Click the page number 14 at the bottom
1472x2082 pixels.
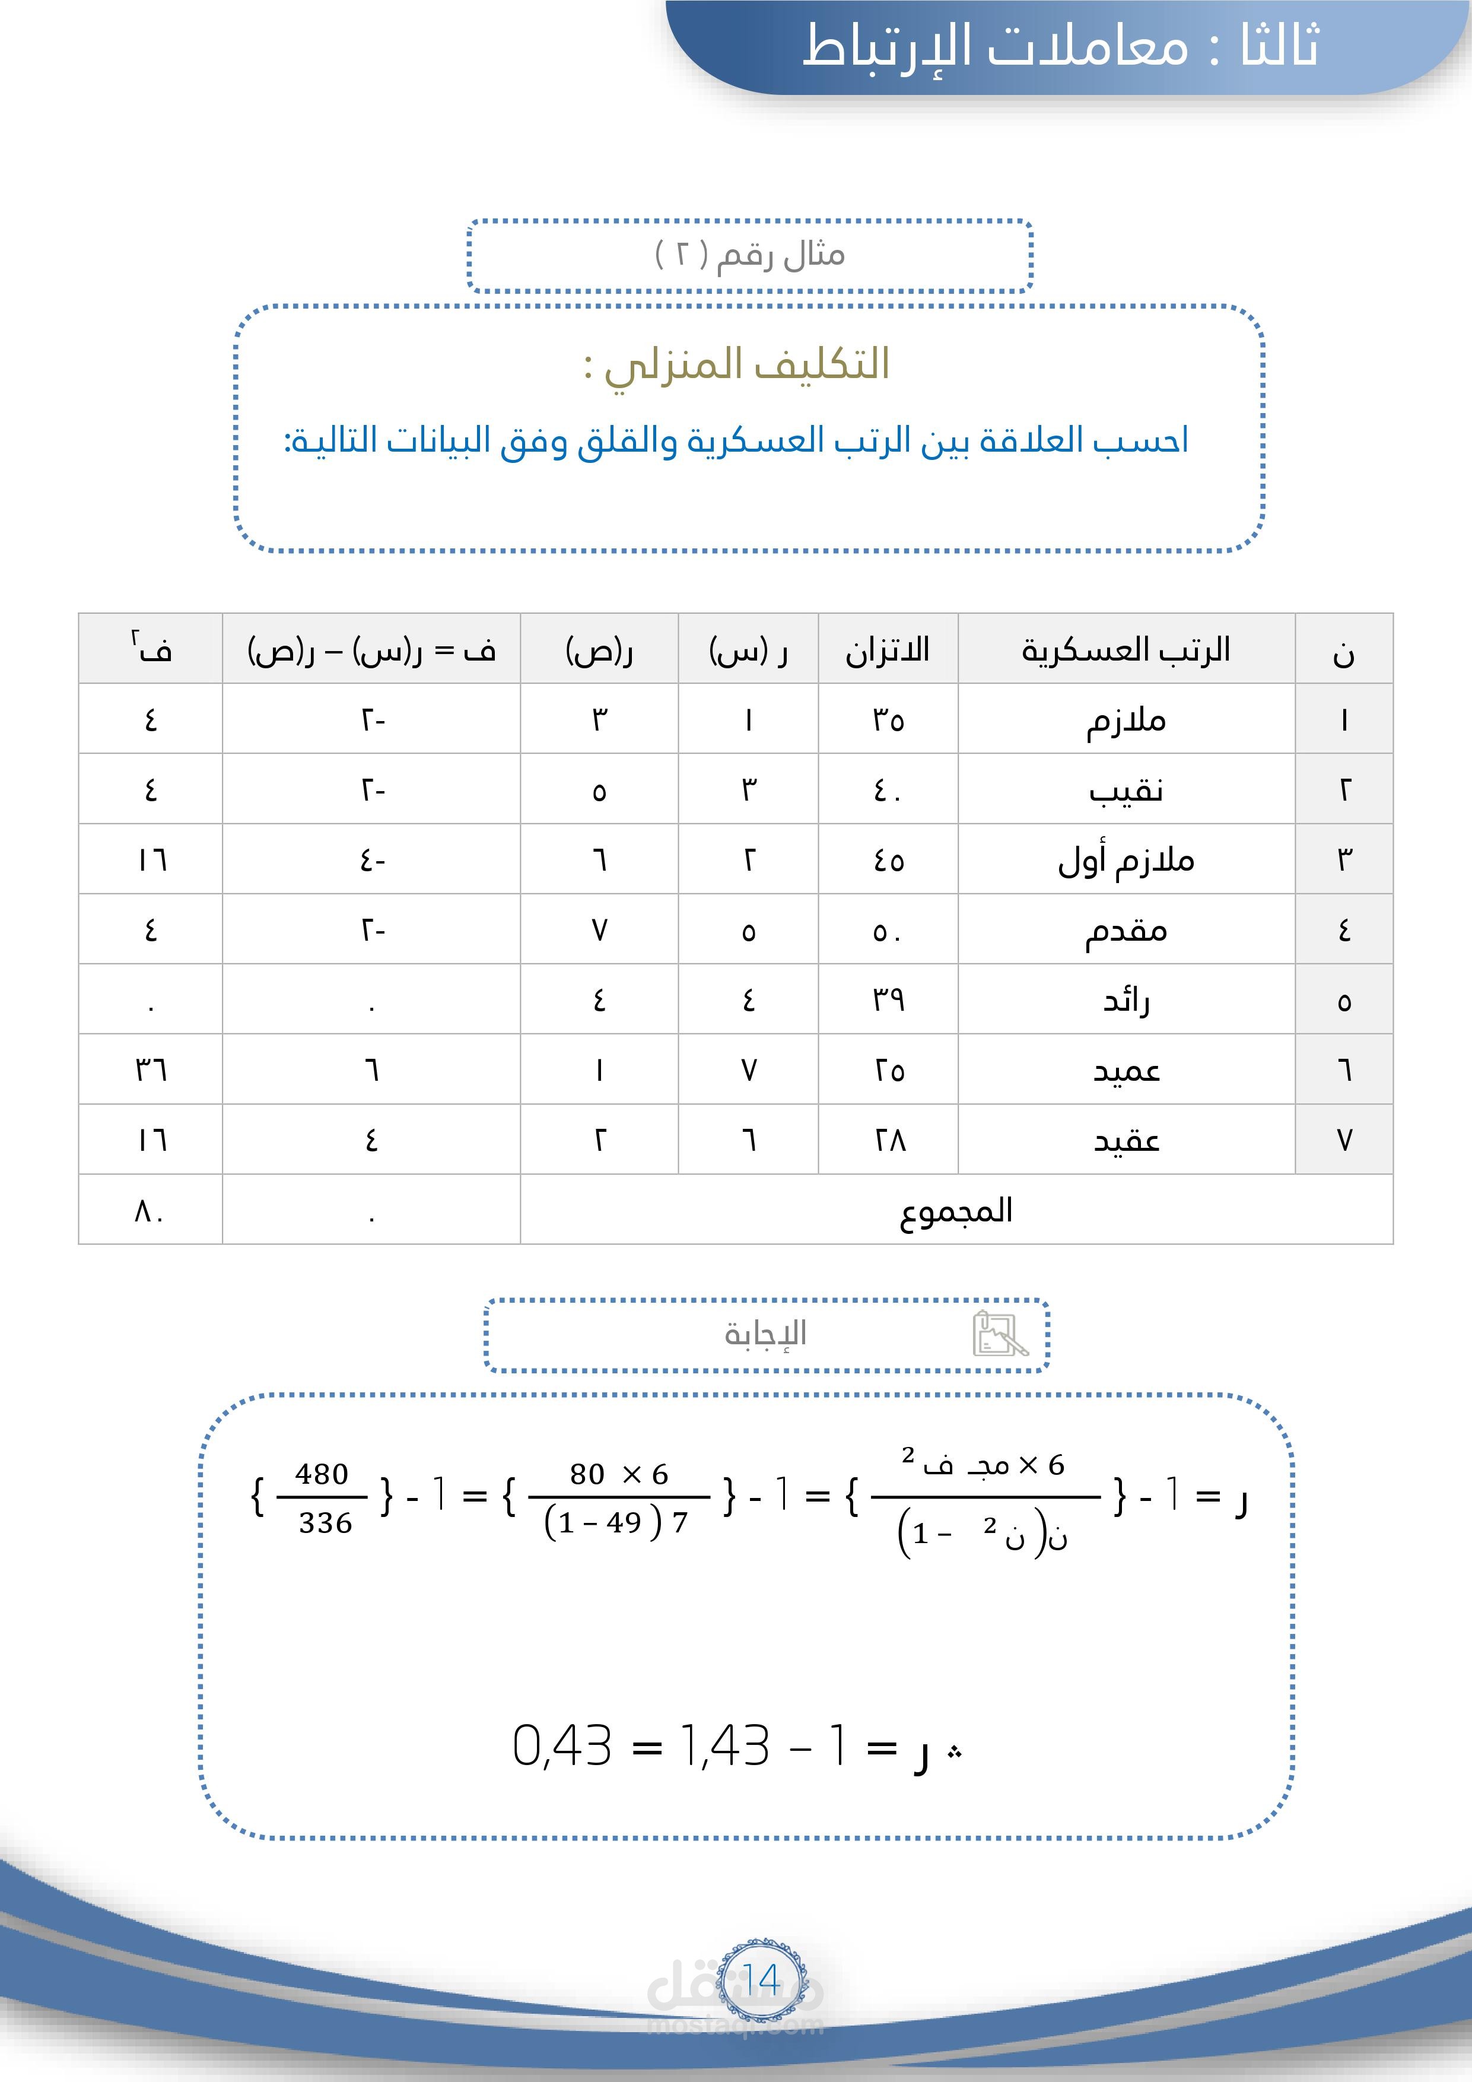click(761, 1979)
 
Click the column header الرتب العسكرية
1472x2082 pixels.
click(1126, 649)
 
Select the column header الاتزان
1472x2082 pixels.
click(888, 649)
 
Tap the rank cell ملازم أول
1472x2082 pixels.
click(1126, 859)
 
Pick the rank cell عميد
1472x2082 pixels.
click(1126, 1070)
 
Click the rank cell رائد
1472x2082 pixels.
click(1126, 1000)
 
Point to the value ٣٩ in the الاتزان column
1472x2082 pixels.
click(888, 1000)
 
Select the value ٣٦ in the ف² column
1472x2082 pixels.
click(151, 1070)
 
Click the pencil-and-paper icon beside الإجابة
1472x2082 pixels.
click(1000, 1334)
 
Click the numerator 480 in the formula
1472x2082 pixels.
click(322, 1474)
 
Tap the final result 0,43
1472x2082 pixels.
click(562, 1745)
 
